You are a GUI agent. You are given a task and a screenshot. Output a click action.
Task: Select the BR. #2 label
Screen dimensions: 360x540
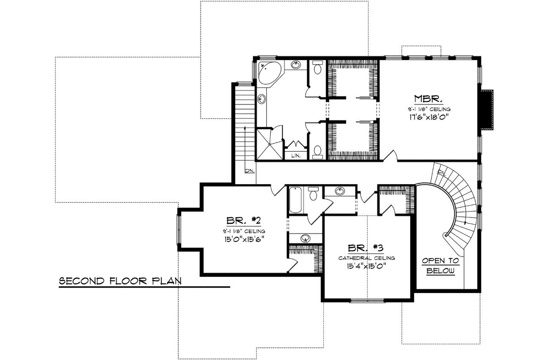[245, 221]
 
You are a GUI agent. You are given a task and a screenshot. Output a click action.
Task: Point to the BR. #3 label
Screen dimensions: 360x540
[366, 248]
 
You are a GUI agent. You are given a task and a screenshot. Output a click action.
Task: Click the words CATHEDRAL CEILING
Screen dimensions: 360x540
[367, 258]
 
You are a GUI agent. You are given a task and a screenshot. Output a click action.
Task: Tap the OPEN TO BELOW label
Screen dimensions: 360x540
[441, 266]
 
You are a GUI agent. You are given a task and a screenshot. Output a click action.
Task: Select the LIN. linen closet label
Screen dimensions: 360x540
[296, 155]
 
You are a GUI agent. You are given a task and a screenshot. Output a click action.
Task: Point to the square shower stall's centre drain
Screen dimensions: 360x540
[270, 143]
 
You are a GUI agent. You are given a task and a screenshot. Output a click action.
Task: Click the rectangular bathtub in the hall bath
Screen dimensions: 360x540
[295, 200]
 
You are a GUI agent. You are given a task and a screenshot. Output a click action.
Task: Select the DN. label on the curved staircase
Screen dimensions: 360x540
[441, 172]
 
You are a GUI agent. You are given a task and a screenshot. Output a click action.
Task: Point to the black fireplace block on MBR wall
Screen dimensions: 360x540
[487, 109]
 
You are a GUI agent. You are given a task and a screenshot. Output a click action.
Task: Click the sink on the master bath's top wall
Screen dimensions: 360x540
[297, 65]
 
